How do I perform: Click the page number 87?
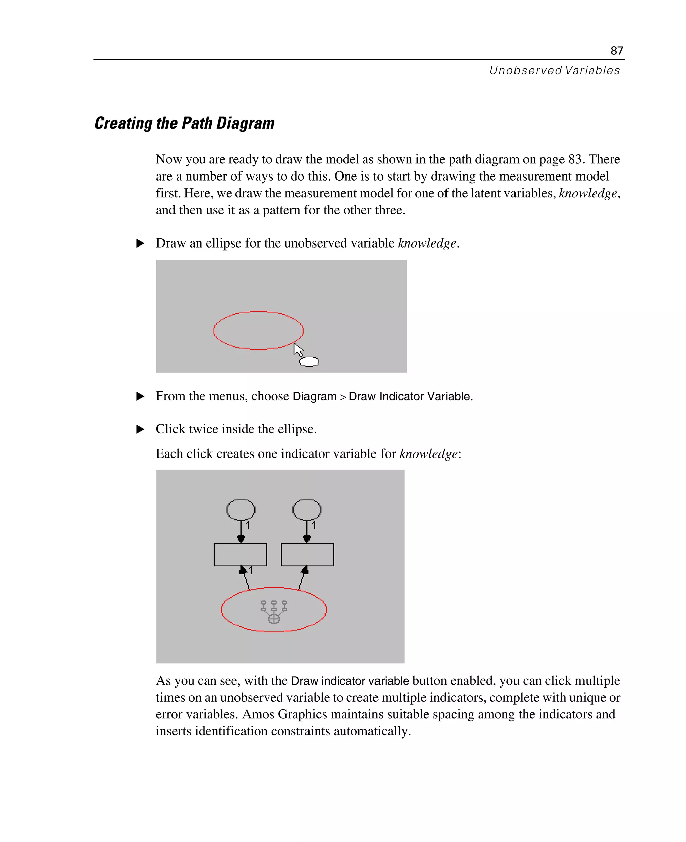(616, 51)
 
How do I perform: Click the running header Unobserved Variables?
(554, 70)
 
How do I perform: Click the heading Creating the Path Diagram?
(185, 123)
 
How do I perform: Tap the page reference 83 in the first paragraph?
(576, 159)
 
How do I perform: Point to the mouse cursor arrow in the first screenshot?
(298, 349)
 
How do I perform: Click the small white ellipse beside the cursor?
(309, 361)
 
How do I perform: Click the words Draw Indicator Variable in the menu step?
(410, 396)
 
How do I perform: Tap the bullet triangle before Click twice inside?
(140, 429)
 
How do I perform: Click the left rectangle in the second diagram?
(240, 554)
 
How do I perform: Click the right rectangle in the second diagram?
(307, 554)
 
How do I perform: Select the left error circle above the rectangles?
(241, 509)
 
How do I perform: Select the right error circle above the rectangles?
(306, 509)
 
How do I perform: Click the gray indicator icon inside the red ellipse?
(274, 611)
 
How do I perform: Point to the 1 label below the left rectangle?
(251, 570)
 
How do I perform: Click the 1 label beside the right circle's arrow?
(314, 525)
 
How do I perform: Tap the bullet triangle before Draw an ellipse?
(140, 243)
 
